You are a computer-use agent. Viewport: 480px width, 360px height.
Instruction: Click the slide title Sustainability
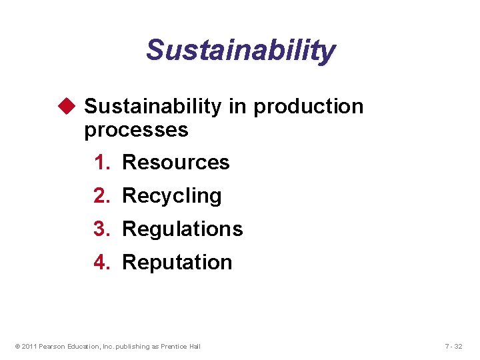point(241,50)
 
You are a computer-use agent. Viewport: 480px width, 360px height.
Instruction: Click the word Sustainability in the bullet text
point(153,107)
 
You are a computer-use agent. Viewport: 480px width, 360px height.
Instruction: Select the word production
point(309,107)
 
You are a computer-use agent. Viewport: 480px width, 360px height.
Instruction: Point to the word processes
point(136,130)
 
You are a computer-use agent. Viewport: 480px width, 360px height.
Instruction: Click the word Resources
point(176,162)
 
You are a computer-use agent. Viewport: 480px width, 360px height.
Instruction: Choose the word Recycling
point(172,196)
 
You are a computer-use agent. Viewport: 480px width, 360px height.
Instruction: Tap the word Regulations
point(183,229)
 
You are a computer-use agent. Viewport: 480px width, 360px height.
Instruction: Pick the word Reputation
point(177,263)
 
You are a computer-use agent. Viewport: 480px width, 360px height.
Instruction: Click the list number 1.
point(101,162)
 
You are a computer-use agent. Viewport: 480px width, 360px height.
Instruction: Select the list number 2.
point(101,196)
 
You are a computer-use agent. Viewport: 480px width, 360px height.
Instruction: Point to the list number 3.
point(101,229)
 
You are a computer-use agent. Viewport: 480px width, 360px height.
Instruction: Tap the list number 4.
point(101,263)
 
